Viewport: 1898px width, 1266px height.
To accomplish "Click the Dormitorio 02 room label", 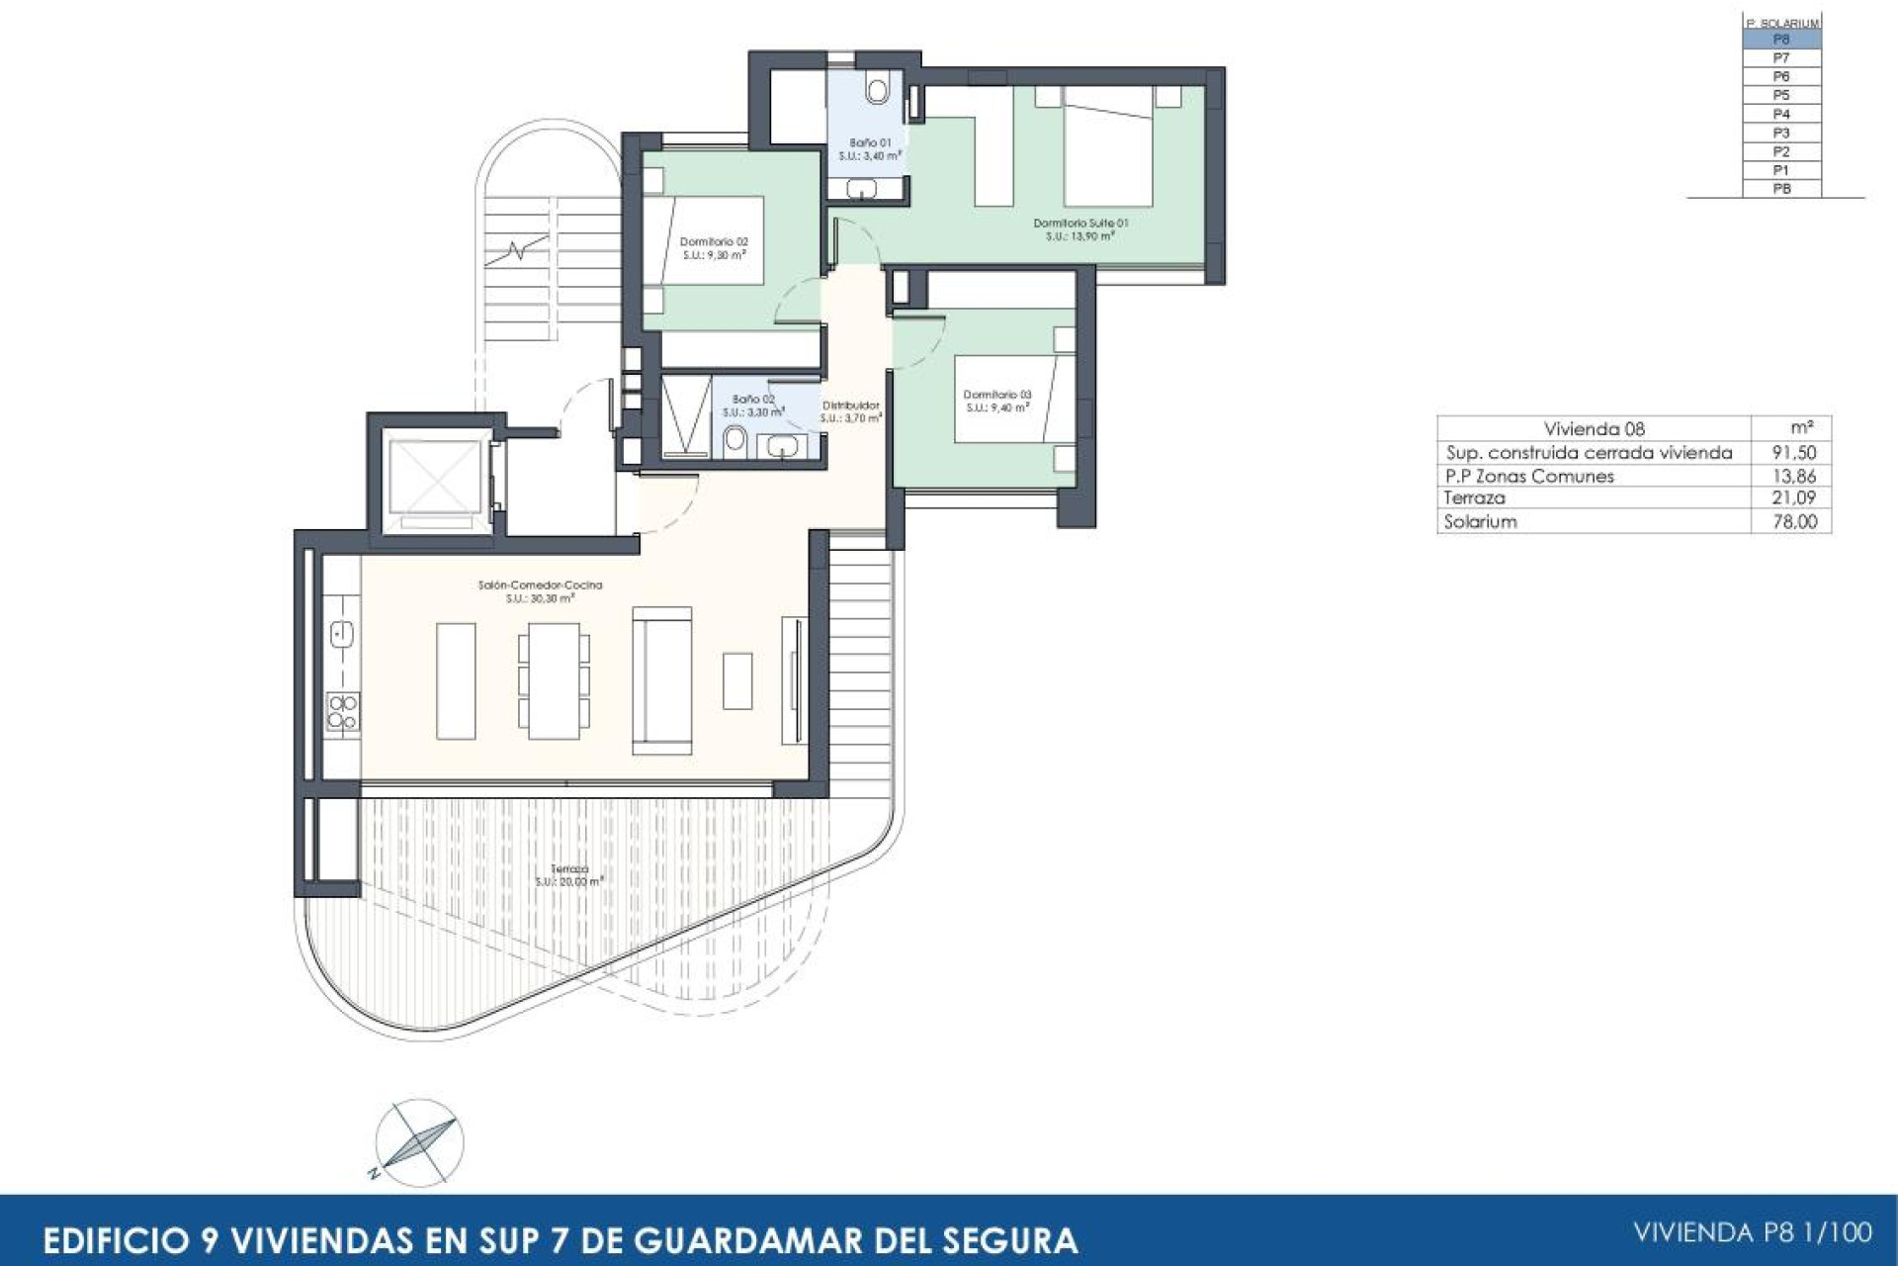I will [x=714, y=241].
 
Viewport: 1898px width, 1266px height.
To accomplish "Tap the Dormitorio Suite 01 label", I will [x=1080, y=224].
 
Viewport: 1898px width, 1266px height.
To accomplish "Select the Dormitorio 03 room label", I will [x=997, y=395].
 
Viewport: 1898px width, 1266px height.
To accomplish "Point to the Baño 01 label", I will [x=870, y=143].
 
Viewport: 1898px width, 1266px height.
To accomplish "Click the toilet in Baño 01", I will [x=877, y=90].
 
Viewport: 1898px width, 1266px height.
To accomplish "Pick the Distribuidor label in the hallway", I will [x=850, y=406].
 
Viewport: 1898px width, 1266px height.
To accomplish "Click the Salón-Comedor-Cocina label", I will [x=540, y=586].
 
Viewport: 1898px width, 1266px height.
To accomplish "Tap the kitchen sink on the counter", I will [x=342, y=634].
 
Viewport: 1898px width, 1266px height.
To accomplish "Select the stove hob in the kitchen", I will [x=343, y=712].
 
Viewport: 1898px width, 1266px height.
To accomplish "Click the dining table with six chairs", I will [x=554, y=680].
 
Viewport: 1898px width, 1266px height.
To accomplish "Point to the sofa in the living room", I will [x=661, y=680].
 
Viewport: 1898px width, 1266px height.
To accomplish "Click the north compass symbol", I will [x=419, y=1142].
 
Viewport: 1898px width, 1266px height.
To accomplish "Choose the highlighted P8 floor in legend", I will [x=1781, y=40].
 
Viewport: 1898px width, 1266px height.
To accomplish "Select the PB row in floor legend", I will [x=1781, y=189].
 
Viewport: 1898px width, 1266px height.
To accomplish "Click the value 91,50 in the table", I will [x=1794, y=453].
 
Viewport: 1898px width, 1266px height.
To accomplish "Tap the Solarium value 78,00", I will [x=1794, y=522].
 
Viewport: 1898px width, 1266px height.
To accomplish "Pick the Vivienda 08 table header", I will [x=1594, y=428].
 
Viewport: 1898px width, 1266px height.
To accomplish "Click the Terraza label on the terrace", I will [x=569, y=868].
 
